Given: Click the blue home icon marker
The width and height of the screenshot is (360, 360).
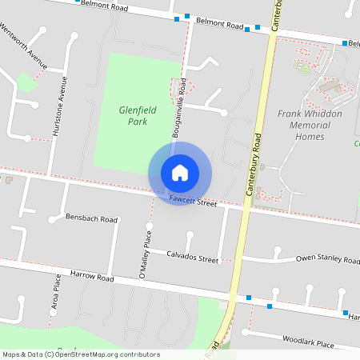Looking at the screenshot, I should tap(180, 173).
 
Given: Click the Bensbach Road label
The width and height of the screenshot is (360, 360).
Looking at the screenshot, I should tap(92, 218).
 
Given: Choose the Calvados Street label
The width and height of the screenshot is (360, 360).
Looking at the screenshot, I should tap(192, 258).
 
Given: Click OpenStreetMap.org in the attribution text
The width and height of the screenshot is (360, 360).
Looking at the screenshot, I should tap(86, 354).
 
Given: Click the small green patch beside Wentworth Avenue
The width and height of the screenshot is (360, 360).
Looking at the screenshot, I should tap(26, 81).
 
